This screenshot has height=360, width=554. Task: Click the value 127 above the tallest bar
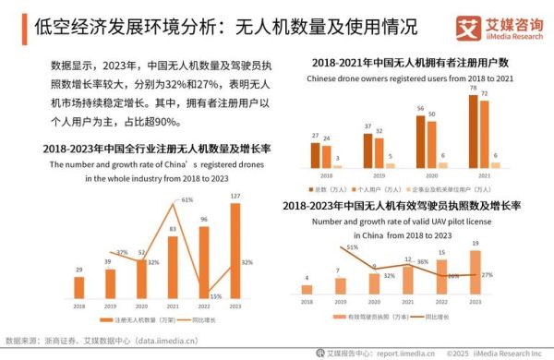coord(236,195)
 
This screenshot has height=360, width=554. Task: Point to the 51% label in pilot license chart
coord(352,247)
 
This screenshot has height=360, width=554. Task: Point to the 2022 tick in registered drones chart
coord(204,306)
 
